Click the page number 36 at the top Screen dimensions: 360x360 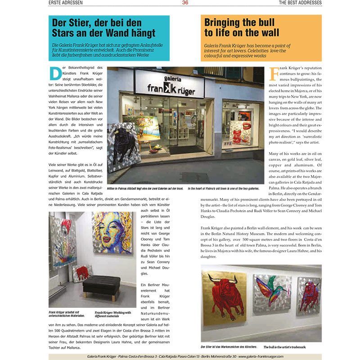(185, 3)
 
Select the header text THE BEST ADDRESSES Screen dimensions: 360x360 (300, 3)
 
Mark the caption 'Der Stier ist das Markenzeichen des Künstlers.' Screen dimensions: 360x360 (229, 347)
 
